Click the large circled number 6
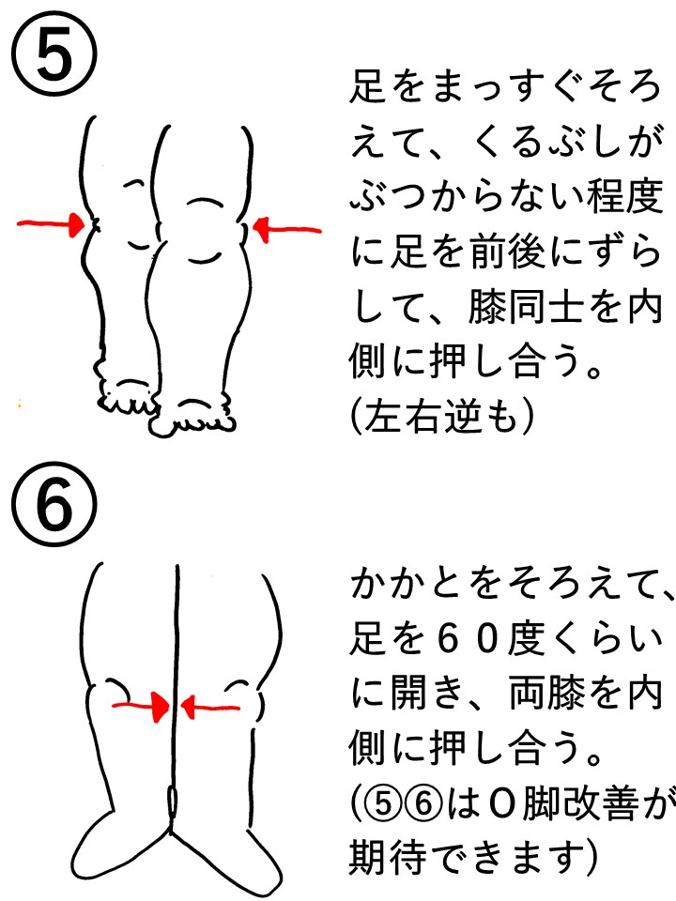click(x=54, y=506)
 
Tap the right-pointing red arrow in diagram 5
click(x=51, y=224)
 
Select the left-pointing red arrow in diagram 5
click(x=287, y=229)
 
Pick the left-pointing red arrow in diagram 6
click(x=209, y=706)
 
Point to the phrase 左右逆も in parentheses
click(x=441, y=417)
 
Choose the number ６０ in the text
click(x=467, y=638)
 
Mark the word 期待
click(x=387, y=858)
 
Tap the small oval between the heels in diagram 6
click(x=172, y=801)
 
